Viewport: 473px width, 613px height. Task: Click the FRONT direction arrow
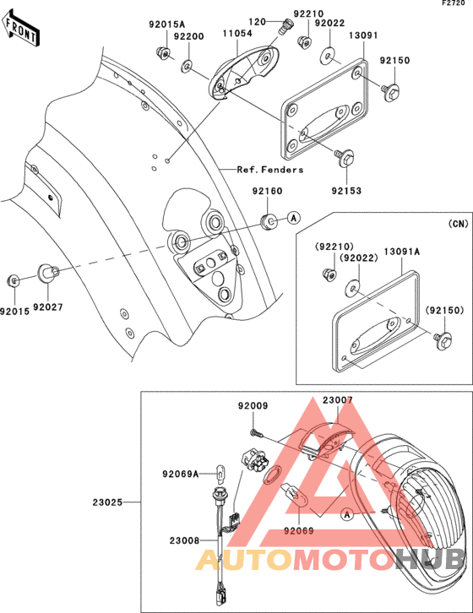pyautogui.click(x=20, y=29)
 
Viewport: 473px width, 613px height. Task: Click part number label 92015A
pyautogui.click(x=166, y=24)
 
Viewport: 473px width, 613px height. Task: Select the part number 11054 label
pyautogui.click(x=237, y=33)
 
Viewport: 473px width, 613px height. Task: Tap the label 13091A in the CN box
pyautogui.click(x=402, y=252)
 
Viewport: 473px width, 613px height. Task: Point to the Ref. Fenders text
pyautogui.click(x=270, y=170)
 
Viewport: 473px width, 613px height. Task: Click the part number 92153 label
pyautogui.click(x=346, y=191)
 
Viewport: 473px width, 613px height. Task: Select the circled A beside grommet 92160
pyautogui.click(x=294, y=217)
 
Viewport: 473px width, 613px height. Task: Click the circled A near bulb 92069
pyautogui.click(x=346, y=515)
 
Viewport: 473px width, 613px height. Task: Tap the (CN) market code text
pyautogui.click(x=458, y=224)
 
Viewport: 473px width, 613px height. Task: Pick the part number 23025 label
pyautogui.click(x=107, y=502)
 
